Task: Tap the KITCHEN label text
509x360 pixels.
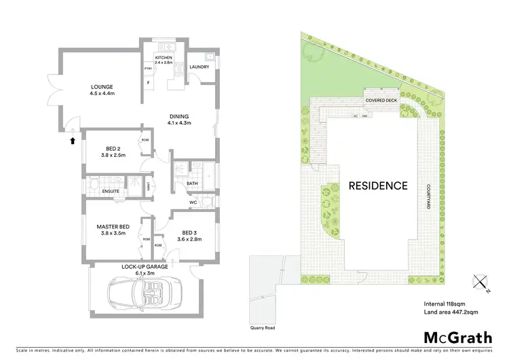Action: [x=164, y=58]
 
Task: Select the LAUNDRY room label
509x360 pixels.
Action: [x=200, y=67]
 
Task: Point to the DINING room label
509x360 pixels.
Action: [x=179, y=116]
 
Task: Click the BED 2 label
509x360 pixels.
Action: [x=113, y=148]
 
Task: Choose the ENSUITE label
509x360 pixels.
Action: [x=111, y=191]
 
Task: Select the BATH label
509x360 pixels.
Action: [x=191, y=183]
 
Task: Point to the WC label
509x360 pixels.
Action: [x=194, y=202]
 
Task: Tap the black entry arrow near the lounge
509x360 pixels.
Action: [x=72, y=141]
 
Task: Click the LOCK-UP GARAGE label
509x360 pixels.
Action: [x=145, y=267]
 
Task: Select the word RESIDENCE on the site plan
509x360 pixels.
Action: [x=378, y=185]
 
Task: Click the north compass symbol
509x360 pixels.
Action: [x=481, y=282]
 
